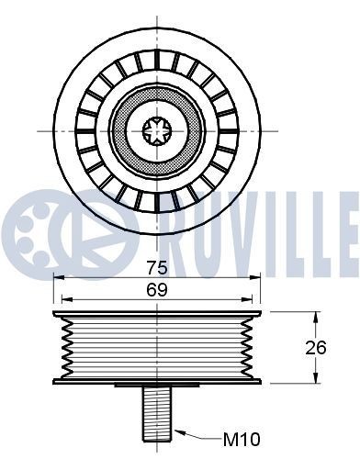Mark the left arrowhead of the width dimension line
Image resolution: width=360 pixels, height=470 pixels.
pos(58,298)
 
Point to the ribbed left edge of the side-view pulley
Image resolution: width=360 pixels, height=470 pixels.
pos(61,347)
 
